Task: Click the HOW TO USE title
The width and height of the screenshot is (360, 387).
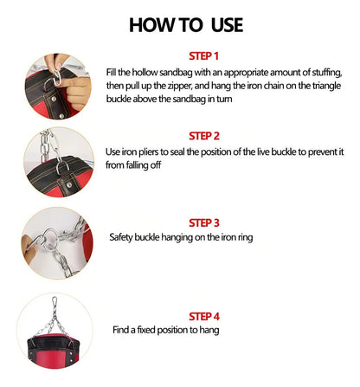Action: (186, 25)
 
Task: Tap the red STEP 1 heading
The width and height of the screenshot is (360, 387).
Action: (203, 56)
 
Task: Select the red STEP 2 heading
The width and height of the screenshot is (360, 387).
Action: (204, 136)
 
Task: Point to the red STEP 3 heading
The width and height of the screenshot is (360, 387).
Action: (204, 223)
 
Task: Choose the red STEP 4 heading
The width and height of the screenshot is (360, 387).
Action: (204, 316)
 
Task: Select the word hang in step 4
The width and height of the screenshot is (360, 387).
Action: (209, 330)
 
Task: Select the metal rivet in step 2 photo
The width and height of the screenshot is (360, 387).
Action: (69, 185)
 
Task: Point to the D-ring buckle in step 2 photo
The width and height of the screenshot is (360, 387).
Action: (61, 168)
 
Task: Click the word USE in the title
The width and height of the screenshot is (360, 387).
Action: (227, 25)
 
